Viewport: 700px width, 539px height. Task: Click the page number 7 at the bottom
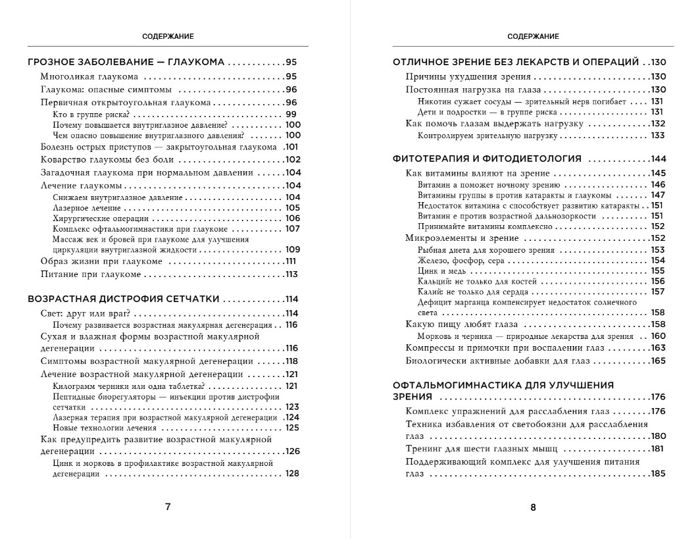[167, 507]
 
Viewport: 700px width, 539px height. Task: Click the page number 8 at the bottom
[533, 507]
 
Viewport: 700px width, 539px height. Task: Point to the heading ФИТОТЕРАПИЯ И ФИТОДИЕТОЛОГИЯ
[487, 159]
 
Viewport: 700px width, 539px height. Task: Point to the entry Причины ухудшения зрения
[459, 76]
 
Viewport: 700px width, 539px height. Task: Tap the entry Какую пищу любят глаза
[462, 324]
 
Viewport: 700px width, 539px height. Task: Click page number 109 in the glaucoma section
[293, 250]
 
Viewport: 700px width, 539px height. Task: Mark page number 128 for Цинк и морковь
[293, 474]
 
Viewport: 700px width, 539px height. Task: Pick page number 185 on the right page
[658, 474]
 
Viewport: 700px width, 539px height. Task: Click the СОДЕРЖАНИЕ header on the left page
[168, 37]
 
